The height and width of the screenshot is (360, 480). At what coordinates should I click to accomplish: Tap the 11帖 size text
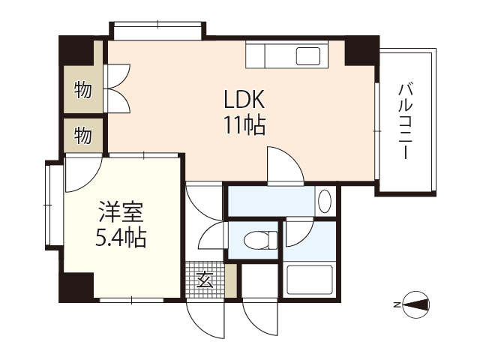pos(243,125)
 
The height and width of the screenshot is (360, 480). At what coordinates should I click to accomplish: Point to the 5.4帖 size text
pos(119,238)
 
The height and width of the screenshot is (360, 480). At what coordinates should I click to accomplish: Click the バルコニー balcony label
pos(406,119)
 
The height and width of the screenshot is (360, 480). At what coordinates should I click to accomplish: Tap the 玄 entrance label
pos(204,280)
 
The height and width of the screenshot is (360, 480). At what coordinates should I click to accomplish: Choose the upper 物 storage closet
pos(82,91)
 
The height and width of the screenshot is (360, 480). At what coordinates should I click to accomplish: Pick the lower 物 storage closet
pos(82,136)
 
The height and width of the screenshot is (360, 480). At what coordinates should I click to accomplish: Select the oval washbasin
pos(324,201)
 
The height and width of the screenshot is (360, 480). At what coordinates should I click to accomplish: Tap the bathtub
pos(311,280)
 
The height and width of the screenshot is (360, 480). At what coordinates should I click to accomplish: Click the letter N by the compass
pos(395,305)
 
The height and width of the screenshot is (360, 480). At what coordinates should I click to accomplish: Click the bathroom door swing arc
pos(297,231)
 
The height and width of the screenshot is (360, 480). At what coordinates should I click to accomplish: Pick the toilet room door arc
pos(213,235)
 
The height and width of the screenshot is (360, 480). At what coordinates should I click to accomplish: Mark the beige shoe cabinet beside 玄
pos(231,279)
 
